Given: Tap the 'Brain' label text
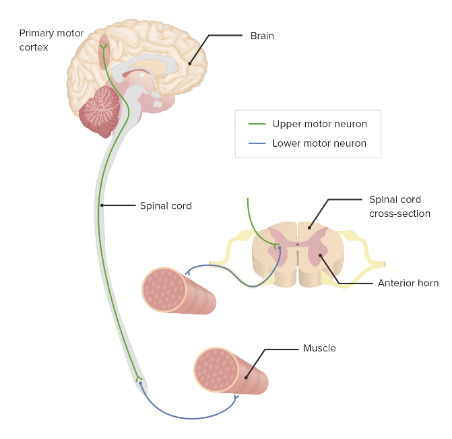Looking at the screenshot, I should pyautogui.click(x=262, y=36).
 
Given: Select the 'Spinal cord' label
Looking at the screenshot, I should pyautogui.click(x=166, y=205).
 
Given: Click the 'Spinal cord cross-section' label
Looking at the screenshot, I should pyautogui.click(x=399, y=207).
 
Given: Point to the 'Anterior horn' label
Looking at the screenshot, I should pyautogui.click(x=408, y=283).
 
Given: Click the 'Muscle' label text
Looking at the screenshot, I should pyautogui.click(x=319, y=348).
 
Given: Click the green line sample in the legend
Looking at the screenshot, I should pyautogui.click(x=257, y=124).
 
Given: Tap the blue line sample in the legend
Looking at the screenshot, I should pyautogui.click(x=257, y=143).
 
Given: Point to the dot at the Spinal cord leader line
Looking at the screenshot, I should pyautogui.click(x=102, y=205).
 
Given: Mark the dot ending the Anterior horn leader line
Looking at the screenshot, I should pyautogui.click(x=321, y=255).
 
